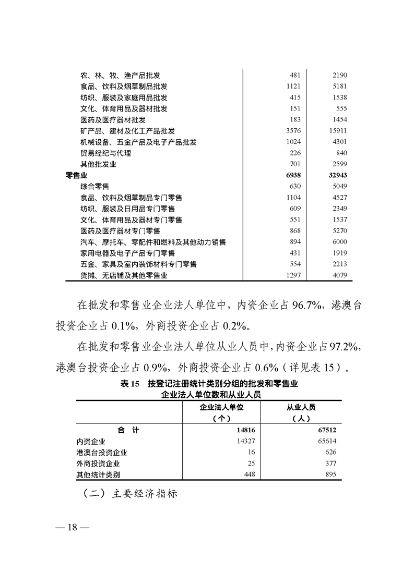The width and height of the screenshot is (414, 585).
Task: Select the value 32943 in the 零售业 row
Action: pyautogui.click(x=336, y=175)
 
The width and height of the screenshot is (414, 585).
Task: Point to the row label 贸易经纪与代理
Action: pyautogui.click(x=105, y=153)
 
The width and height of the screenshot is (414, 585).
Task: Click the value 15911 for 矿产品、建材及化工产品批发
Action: pyautogui.click(x=336, y=131)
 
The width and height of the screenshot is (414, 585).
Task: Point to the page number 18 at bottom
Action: pyautogui.click(x=72, y=527)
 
